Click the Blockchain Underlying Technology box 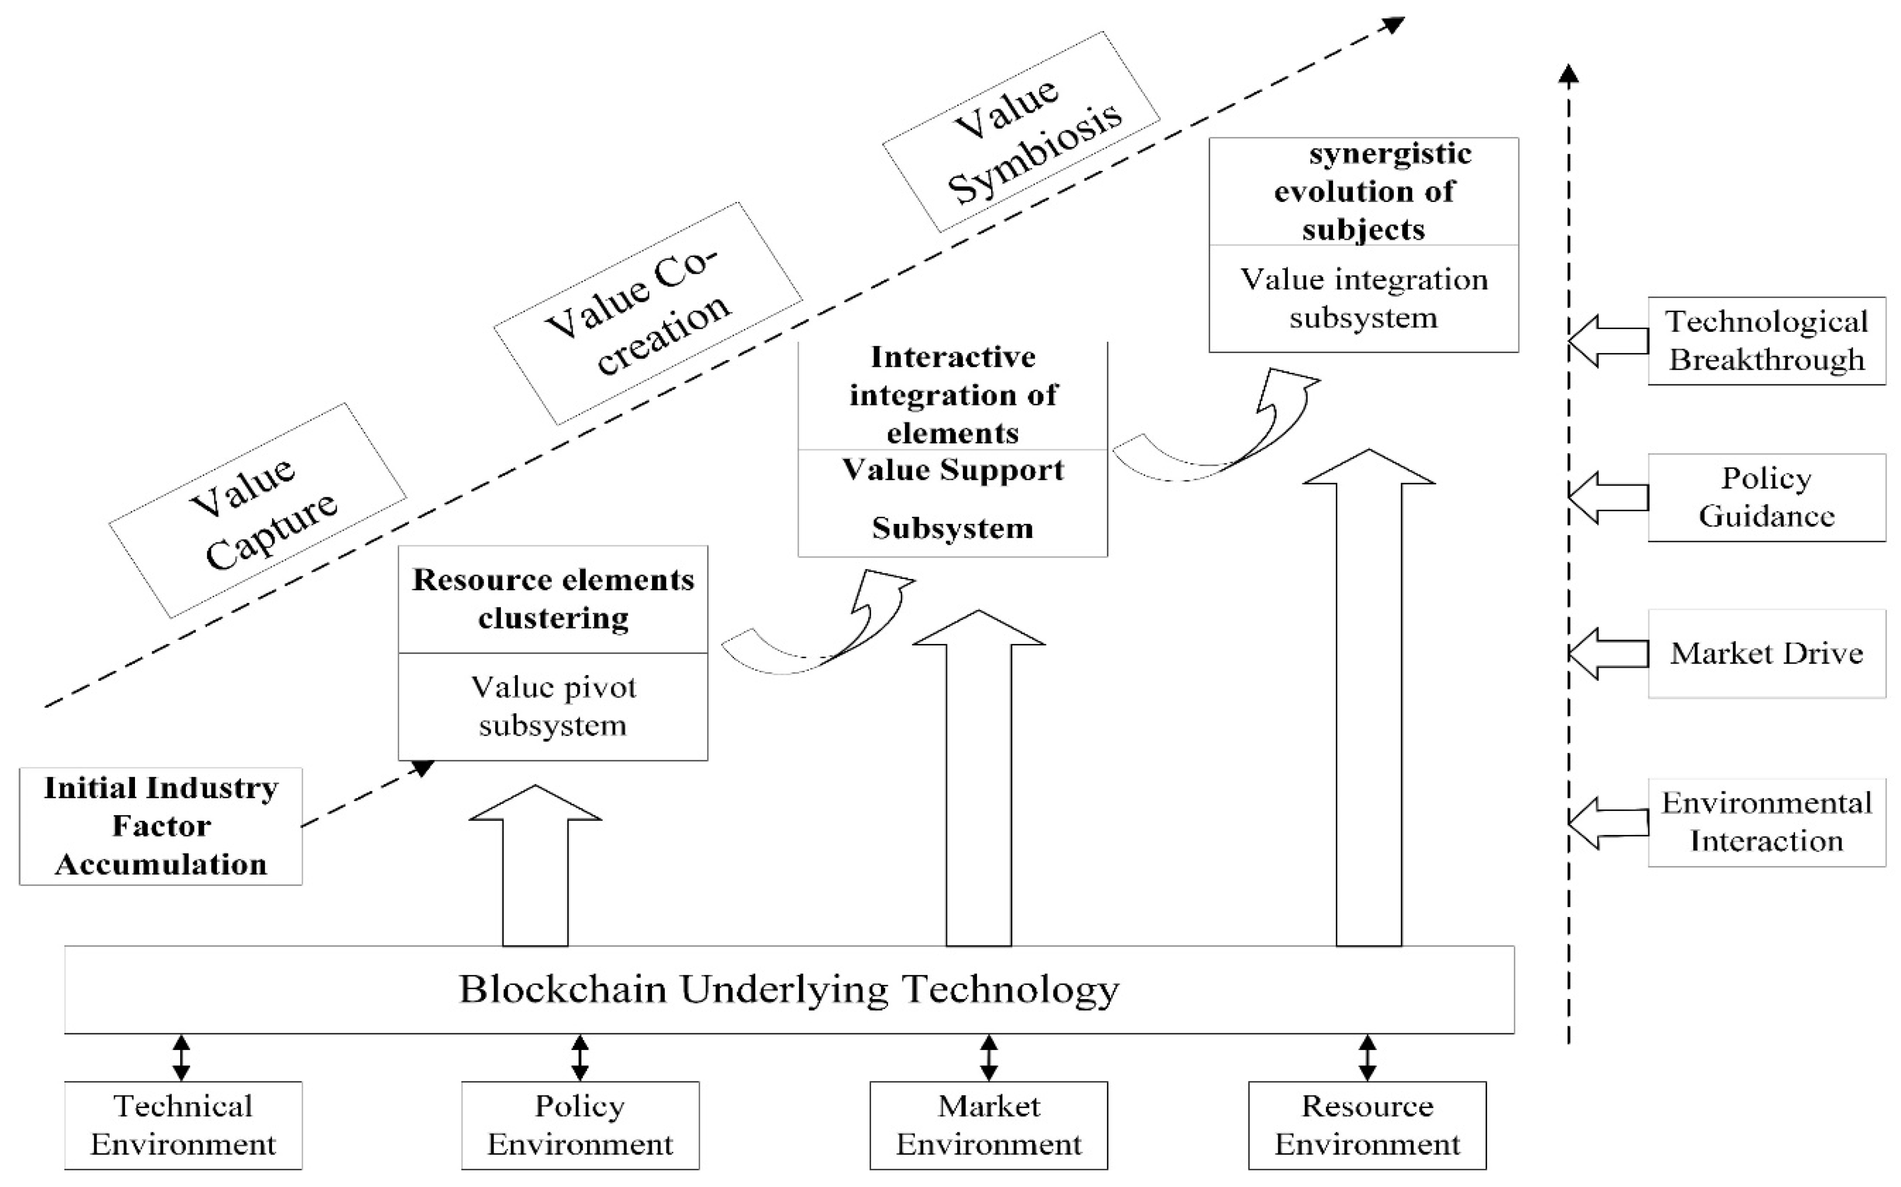(x=789, y=989)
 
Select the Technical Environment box (x=183, y=1125)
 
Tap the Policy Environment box (x=580, y=1125)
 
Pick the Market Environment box (x=988, y=1125)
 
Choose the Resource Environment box (x=1367, y=1125)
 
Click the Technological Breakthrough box (x=1766, y=341)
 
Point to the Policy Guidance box (x=1766, y=497)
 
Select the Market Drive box (x=1766, y=653)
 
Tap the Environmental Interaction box (x=1766, y=822)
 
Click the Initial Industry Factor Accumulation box (x=161, y=826)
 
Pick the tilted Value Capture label (x=257, y=510)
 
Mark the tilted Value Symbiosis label (x=1021, y=132)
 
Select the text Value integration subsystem (x=1363, y=299)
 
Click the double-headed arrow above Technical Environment (x=181, y=1058)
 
